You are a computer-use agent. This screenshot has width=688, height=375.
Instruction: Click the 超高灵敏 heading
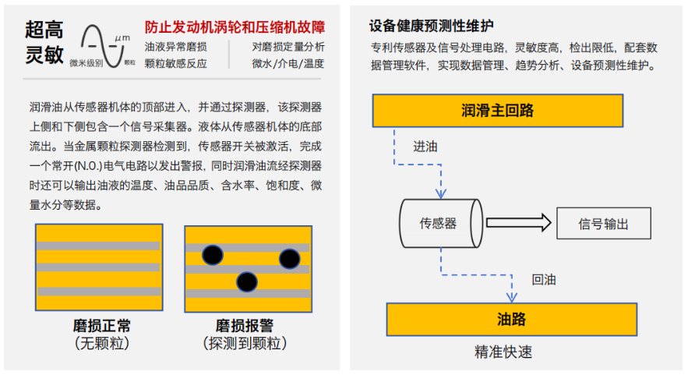[x=44, y=42]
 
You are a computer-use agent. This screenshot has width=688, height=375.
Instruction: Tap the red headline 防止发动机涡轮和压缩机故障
[x=235, y=27]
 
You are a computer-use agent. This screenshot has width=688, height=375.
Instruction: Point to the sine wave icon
[x=102, y=46]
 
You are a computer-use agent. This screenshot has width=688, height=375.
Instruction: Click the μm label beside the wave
[x=122, y=38]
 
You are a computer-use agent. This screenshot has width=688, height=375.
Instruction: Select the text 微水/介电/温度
[x=288, y=64]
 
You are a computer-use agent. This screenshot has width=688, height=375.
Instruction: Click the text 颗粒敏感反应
[x=175, y=64]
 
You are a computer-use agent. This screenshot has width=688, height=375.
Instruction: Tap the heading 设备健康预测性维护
[x=432, y=26]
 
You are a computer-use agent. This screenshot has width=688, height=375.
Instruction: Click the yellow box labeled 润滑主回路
[x=498, y=111]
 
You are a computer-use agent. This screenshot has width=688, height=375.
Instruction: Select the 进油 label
[x=425, y=147]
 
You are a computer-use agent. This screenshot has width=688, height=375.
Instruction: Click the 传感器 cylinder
[x=441, y=224]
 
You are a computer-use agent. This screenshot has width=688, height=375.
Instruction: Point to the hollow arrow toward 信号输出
[x=519, y=223]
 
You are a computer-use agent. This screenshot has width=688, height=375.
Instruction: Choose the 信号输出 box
[x=603, y=224]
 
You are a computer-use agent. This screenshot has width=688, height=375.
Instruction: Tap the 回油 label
[x=544, y=280]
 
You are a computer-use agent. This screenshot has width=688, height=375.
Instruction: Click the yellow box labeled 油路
[x=512, y=319]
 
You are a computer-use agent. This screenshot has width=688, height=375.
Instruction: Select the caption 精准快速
[x=503, y=352]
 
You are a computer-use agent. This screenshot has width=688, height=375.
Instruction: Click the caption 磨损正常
[x=102, y=326]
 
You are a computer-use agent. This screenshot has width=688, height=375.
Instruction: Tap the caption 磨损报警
[x=245, y=326]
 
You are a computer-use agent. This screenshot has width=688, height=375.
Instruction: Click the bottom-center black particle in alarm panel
[x=246, y=282]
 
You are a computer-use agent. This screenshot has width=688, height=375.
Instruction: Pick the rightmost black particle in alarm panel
[x=290, y=259]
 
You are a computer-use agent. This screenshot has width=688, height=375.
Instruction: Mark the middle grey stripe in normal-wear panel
[x=98, y=267]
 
